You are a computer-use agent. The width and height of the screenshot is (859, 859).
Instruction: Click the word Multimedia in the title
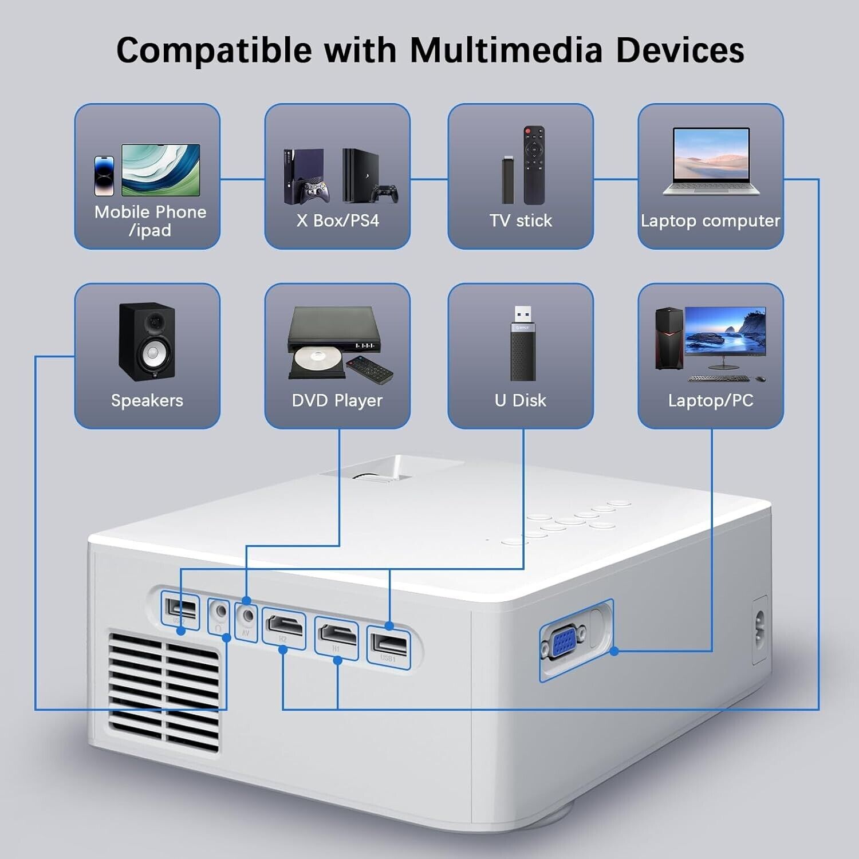(506, 50)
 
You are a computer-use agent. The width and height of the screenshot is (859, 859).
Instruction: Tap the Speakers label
(147, 400)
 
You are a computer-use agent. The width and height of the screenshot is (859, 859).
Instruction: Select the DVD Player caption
(337, 400)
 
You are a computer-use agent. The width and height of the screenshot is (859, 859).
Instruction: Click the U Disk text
(520, 400)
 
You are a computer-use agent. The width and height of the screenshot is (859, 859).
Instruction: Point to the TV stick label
(520, 220)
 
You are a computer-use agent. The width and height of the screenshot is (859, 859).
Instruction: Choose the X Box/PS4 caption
(337, 220)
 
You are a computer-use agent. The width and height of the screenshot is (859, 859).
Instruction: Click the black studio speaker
(147, 341)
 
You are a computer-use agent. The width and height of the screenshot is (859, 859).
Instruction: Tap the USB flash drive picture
(523, 344)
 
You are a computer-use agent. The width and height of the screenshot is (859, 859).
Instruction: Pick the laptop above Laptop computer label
(711, 161)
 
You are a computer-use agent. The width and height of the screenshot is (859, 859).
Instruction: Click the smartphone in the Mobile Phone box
(104, 176)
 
